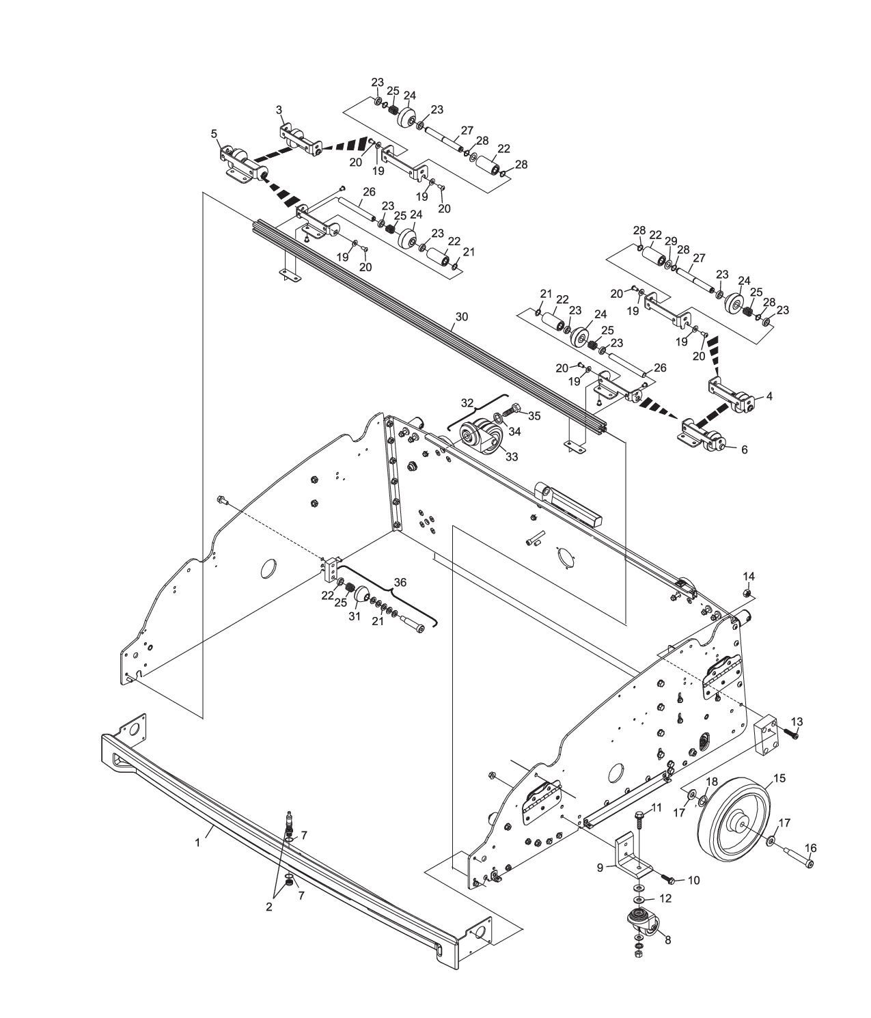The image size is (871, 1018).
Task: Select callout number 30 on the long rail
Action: [462, 316]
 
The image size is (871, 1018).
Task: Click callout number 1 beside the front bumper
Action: [197, 842]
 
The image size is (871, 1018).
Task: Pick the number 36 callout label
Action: [400, 582]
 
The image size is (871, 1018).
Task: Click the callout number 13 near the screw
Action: [797, 722]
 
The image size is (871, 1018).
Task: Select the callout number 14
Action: [749, 576]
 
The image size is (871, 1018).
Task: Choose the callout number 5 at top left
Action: [215, 134]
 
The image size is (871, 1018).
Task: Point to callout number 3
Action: [279, 109]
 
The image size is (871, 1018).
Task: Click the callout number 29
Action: [671, 241]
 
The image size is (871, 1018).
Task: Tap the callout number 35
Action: [534, 415]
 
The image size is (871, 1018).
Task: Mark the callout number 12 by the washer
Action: [665, 898]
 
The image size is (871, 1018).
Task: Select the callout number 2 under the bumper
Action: [268, 907]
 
